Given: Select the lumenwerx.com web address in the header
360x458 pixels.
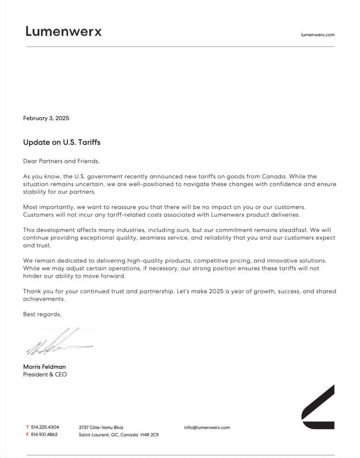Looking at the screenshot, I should [x=317, y=35].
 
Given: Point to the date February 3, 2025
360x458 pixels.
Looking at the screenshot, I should [x=46, y=118].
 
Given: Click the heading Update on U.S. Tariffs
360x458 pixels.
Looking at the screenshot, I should [x=61, y=142].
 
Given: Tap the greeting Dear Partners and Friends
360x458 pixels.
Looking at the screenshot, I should [x=61, y=161].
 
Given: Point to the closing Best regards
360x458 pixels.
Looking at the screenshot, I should [x=42, y=314].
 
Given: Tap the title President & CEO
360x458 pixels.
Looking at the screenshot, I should [x=45, y=375].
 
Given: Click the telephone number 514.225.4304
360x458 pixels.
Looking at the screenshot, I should [x=45, y=427].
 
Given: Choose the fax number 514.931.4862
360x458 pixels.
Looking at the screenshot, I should [x=45, y=435].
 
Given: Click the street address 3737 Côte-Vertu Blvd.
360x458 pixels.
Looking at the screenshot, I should [x=101, y=427].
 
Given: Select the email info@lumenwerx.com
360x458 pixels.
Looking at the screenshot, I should [x=207, y=427].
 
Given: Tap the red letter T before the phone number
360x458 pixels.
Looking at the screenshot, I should [x=27, y=427].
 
